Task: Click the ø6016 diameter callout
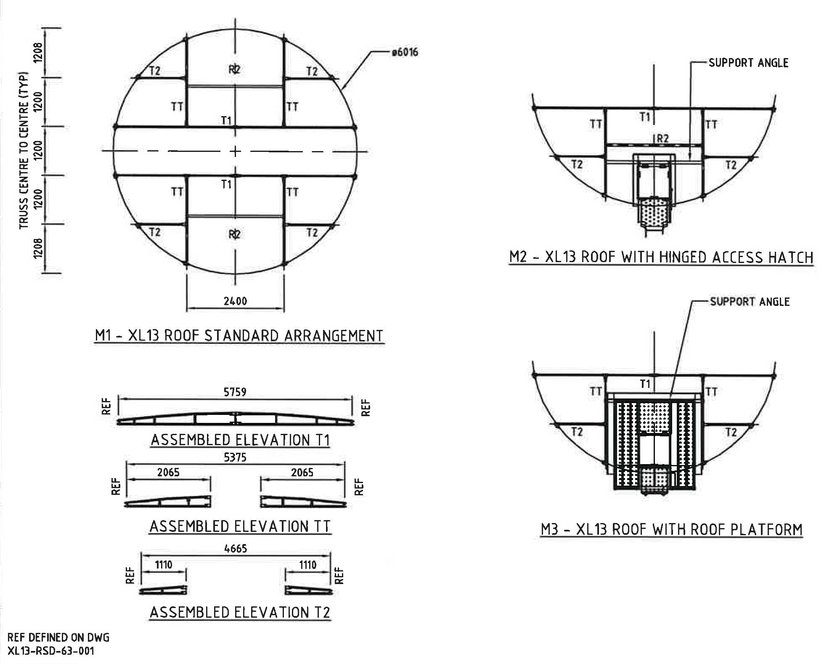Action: [x=404, y=52]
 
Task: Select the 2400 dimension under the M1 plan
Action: [x=235, y=301]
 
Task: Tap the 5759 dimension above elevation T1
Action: [x=235, y=392]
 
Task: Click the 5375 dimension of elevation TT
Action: [x=235, y=457]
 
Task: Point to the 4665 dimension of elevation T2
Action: [x=236, y=548]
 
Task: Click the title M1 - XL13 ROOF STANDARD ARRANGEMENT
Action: [x=239, y=335]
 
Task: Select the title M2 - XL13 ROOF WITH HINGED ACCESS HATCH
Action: [x=661, y=257]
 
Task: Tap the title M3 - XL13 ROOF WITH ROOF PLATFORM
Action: [x=671, y=529]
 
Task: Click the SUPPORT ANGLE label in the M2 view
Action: [x=748, y=63]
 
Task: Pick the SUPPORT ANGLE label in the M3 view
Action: [x=750, y=302]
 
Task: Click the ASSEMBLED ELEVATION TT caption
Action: [x=240, y=526]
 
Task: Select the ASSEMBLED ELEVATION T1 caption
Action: [x=240, y=440]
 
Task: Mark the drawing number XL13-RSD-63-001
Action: [x=51, y=651]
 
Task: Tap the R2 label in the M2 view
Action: [x=662, y=138]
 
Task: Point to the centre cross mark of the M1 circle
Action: [x=235, y=151]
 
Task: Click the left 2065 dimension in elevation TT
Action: [x=168, y=472]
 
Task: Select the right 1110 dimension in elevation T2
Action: [x=307, y=564]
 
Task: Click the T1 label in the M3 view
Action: [x=645, y=383]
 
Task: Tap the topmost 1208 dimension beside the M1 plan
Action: [x=38, y=53]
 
